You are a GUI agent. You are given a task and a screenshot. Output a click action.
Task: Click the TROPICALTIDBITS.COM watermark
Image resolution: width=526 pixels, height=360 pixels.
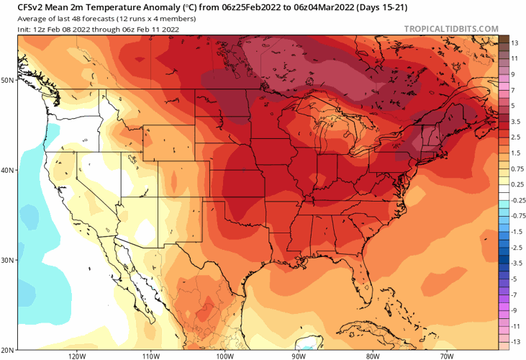click(x=451, y=29)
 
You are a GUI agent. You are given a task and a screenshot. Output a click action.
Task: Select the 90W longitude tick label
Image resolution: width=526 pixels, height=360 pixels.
click(x=299, y=355)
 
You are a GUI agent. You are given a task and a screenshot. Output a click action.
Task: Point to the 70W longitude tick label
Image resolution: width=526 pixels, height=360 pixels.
click(x=446, y=355)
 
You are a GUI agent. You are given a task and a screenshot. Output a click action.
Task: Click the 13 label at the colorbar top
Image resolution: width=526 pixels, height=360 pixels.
click(x=514, y=43)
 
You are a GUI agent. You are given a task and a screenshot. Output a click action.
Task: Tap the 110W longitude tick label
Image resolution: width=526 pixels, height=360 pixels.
click(x=150, y=355)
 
